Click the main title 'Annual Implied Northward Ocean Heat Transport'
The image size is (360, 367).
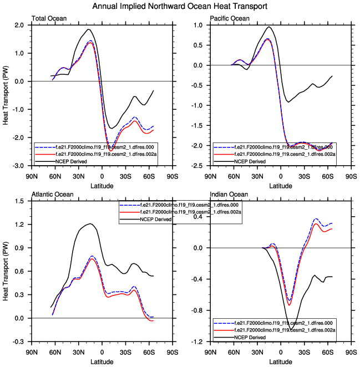(x=180, y=7)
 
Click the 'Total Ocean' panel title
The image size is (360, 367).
(x=49, y=19)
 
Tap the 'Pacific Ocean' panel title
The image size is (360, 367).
(x=229, y=19)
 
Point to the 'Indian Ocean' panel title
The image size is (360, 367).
(x=227, y=193)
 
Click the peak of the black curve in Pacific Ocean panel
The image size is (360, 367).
(x=269, y=27)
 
